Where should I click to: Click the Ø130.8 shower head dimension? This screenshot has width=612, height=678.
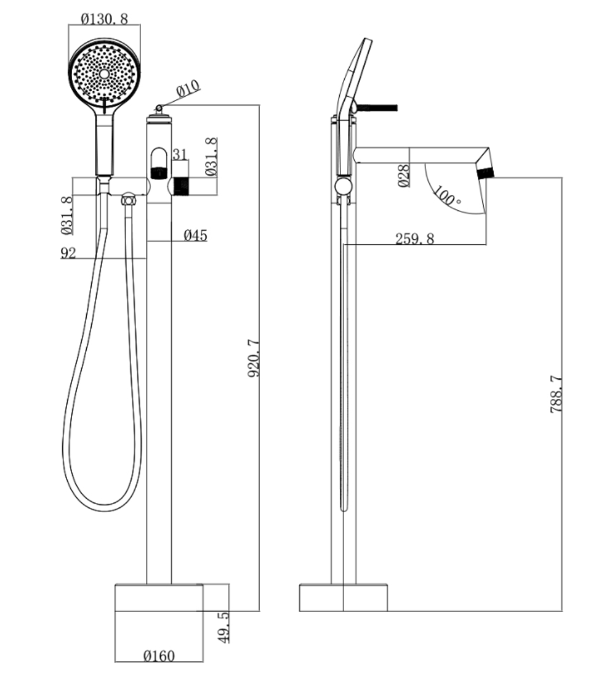click(105, 18)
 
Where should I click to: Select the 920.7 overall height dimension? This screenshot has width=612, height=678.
click(254, 359)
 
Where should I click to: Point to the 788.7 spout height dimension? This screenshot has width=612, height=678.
click(557, 393)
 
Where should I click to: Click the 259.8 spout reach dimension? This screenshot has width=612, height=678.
click(414, 239)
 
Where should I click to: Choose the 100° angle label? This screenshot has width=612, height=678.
click(447, 196)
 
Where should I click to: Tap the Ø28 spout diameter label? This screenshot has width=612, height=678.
click(403, 176)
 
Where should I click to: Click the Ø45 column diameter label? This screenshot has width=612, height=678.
click(195, 235)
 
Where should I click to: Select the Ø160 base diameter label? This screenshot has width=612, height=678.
click(159, 656)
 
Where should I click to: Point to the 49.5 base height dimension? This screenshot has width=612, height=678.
click(224, 627)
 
